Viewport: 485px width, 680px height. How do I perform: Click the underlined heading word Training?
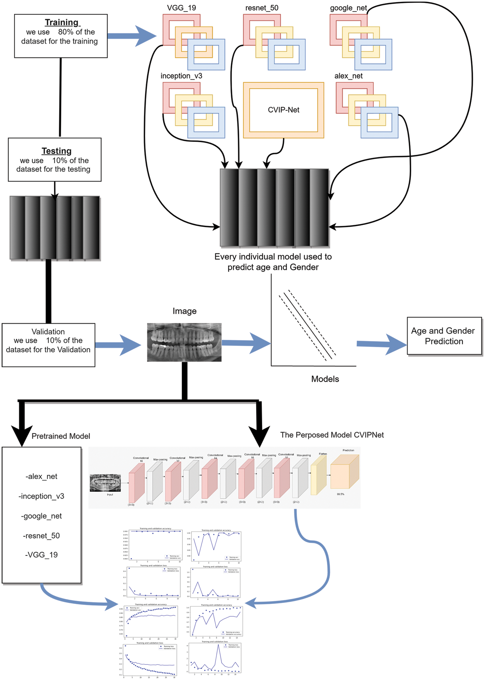tap(62, 22)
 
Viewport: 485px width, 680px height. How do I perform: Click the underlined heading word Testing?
tap(57, 151)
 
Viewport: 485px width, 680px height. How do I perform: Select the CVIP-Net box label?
tap(284, 110)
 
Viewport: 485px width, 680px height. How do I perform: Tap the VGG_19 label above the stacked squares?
tap(181, 8)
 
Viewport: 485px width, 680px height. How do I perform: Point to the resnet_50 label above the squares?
tap(262, 8)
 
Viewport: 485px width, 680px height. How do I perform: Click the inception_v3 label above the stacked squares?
tap(181, 76)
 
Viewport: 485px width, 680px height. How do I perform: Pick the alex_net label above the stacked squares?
tap(348, 76)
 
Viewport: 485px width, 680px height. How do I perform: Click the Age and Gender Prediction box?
tap(444, 336)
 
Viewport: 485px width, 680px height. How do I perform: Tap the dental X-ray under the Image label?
tap(184, 342)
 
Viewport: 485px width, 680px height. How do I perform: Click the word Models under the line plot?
tap(325, 379)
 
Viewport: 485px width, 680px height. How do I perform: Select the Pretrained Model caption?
tap(61, 436)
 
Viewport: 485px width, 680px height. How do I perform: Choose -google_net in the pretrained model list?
tap(41, 516)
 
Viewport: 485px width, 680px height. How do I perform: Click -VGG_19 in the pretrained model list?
tap(41, 555)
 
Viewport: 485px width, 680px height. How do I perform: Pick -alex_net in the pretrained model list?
tap(41, 476)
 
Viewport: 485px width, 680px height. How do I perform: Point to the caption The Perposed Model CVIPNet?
tap(332, 435)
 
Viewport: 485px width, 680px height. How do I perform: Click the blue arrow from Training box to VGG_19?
tap(133, 36)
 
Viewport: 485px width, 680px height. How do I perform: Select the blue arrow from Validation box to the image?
tap(118, 345)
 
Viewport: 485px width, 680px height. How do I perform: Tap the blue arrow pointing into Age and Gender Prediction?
tap(382, 345)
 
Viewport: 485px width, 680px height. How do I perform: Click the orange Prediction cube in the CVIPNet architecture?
tap(344, 473)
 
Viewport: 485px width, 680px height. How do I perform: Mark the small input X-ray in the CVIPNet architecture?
tap(105, 483)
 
